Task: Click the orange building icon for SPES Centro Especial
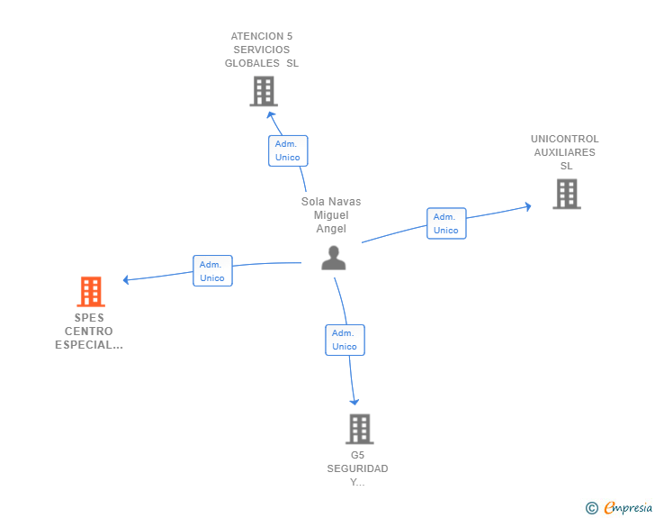pyautogui.click(x=91, y=292)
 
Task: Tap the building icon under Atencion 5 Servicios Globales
pyautogui.click(x=264, y=91)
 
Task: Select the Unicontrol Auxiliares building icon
pyautogui.click(x=567, y=194)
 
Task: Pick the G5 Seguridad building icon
pyautogui.click(x=360, y=429)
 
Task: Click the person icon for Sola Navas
pyautogui.click(x=333, y=258)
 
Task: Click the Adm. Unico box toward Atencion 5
pyautogui.click(x=288, y=150)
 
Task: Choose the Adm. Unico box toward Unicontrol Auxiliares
pyautogui.click(x=446, y=223)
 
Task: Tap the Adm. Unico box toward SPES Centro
pyautogui.click(x=212, y=271)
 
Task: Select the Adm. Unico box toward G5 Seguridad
pyautogui.click(x=345, y=340)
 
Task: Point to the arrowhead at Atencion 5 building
pyautogui.click(x=271, y=114)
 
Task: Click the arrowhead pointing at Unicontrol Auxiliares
pyautogui.click(x=528, y=206)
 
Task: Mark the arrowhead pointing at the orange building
pyautogui.click(x=126, y=280)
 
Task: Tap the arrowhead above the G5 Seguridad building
pyautogui.click(x=354, y=402)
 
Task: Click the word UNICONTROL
pyautogui.click(x=564, y=139)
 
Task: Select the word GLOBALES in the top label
pyautogui.click(x=252, y=63)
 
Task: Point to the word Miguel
pyautogui.click(x=331, y=215)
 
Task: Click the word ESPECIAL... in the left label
pyautogui.click(x=89, y=345)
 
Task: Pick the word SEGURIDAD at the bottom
pyautogui.click(x=357, y=468)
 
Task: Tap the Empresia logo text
pyautogui.click(x=628, y=508)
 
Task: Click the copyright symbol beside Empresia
pyautogui.click(x=591, y=508)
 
